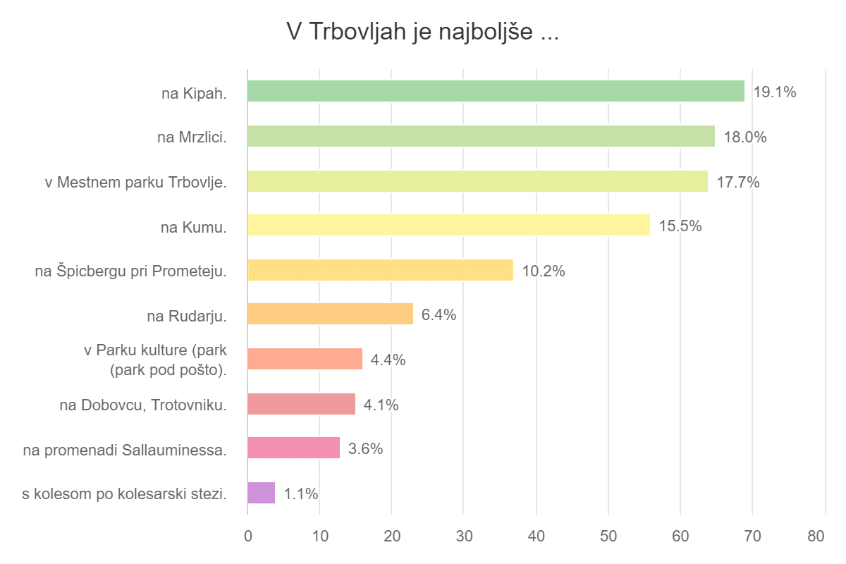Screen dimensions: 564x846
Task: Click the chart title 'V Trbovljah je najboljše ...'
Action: tap(422, 32)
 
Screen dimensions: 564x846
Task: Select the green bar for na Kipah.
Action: tap(496, 91)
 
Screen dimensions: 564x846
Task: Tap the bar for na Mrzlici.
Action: tap(481, 136)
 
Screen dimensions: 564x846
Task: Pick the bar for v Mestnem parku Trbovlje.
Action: tap(477, 181)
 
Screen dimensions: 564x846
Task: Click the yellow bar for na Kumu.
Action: tap(448, 226)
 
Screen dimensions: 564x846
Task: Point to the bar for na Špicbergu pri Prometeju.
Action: tap(380, 270)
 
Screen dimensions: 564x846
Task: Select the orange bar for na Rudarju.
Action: tap(330, 314)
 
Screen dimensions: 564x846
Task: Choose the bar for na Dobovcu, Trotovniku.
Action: tap(301, 404)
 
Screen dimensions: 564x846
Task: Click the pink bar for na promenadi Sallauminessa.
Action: tap(293, 448)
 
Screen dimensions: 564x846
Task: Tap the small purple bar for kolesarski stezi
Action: tap(261, 493)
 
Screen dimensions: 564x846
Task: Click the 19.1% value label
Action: tap(774, 92)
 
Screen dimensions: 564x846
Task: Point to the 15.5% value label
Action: tap(680, 226)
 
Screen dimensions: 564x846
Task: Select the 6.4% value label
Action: tap(439, 315)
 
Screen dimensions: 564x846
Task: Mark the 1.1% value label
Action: tap(301, 494)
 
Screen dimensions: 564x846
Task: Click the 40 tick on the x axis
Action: tap(536, 536)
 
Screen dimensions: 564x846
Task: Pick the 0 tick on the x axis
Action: tap(247, 536)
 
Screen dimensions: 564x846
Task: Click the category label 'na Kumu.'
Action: tap(194, 226)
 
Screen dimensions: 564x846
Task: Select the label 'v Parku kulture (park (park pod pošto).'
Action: tap(155, 360)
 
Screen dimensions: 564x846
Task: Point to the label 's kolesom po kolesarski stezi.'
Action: tap(125, 493)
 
